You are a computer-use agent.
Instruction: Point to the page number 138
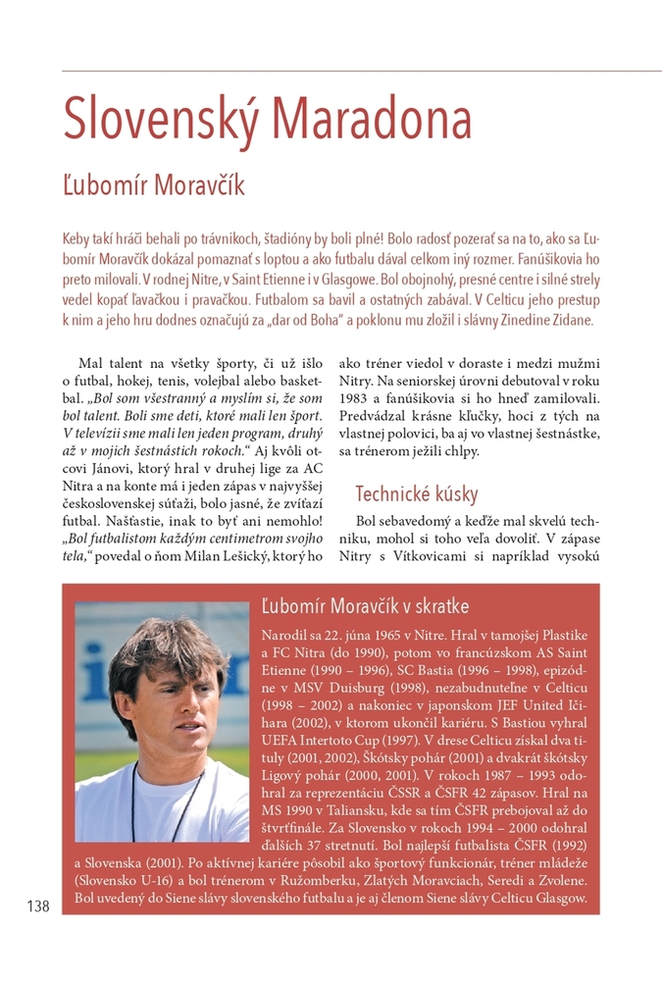pos(38,906)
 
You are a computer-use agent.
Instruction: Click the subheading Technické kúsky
pos(416,493)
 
